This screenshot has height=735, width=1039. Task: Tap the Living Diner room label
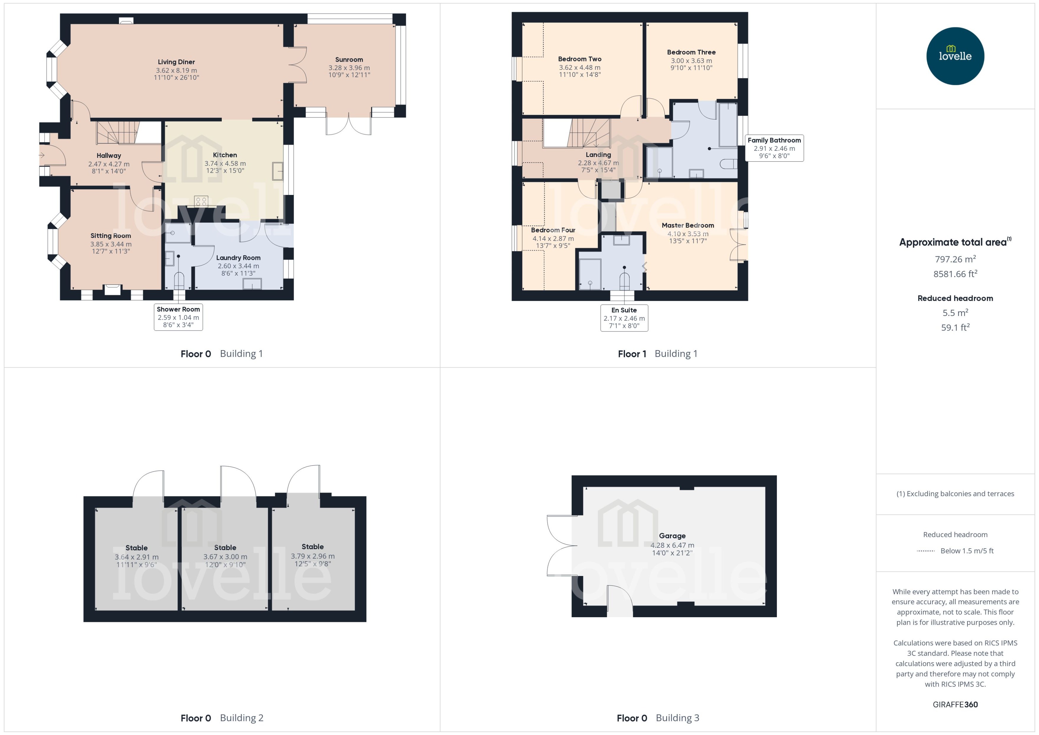click(176, 62)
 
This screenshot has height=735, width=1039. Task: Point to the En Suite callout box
click(624, 318)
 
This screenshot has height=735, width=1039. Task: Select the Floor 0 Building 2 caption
click(221, 718)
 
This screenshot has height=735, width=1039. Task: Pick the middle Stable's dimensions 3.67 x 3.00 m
click(225, 557)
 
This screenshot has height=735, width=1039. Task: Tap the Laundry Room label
click(238, 258)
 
